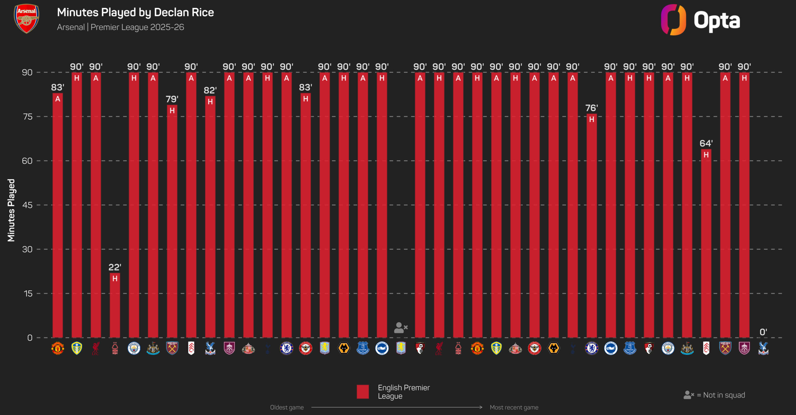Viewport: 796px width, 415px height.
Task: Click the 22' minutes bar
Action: (x=115, y=305)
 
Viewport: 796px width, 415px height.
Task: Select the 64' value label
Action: (x=706, y=143)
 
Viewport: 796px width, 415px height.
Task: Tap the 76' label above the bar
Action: (x=591, y=108)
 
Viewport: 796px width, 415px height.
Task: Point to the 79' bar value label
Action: (x=172, y=99)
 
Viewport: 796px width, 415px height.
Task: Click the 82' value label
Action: (x=210, y=91)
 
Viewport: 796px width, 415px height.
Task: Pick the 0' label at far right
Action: (x=763, y=332)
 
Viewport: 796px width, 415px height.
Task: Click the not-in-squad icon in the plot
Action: (x=401, y=328)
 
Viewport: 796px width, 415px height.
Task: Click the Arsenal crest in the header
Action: (x=26, y=19)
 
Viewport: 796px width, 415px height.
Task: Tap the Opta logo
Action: (x=700, y=20)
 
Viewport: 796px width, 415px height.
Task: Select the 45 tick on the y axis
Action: (x=27, y=205)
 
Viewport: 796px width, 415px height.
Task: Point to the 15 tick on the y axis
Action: (x=28, y=293)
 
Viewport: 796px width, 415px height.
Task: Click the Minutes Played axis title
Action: (x=11, y=210)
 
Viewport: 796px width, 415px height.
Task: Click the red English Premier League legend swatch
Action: (x=363, y=392)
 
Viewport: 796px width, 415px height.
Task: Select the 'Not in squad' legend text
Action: (x=724, y=395)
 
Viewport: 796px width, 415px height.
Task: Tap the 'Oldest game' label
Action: (x=287, y=407)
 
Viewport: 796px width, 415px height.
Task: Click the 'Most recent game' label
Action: (x=514, y=407)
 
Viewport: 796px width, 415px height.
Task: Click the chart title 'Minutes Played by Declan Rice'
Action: (x=136, y=12)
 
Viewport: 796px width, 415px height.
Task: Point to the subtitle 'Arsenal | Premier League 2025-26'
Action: (x=121, y=27)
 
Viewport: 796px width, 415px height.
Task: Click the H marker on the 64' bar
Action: (x=706, y=155)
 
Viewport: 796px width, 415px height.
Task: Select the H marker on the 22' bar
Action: (x=115, y=278)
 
